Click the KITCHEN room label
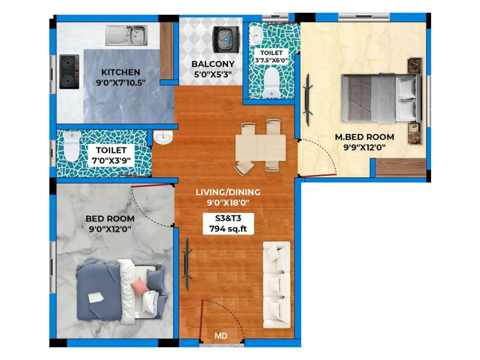121,72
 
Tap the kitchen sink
126,35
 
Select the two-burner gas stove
69,72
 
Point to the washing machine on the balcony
226,39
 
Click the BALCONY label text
213,64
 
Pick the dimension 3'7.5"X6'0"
271,60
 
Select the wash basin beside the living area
163,137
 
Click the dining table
260,148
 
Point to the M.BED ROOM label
364,137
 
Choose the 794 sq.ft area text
228,229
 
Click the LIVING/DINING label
228,192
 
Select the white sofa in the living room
277,285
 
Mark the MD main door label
221,336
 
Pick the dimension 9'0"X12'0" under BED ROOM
110,229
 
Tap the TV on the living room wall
187,264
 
